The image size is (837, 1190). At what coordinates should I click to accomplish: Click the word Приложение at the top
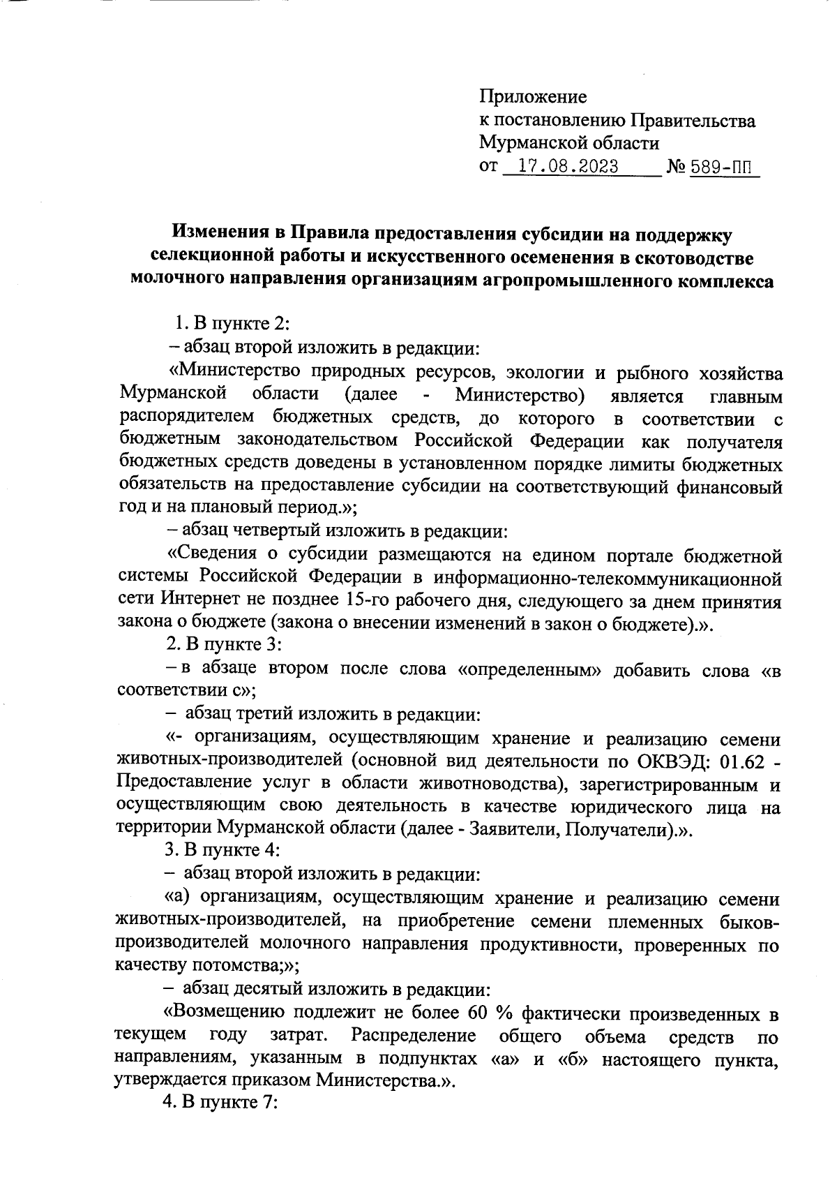(x=533, y=96)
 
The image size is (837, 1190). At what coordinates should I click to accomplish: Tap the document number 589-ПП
(x=723, y=168)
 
